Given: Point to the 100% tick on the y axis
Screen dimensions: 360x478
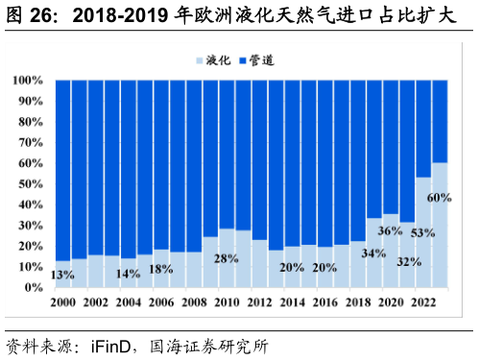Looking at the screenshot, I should click(x=28, y=81).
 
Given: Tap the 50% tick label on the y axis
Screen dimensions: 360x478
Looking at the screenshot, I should click(x=31, y=184).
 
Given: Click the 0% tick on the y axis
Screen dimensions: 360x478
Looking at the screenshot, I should click(x=34, y=288).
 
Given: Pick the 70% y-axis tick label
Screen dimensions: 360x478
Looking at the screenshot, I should click(x=31, y=143).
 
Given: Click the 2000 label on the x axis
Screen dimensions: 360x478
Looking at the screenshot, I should click(x=63, y=301).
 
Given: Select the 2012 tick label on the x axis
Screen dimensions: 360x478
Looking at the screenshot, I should click(x=259, y=301).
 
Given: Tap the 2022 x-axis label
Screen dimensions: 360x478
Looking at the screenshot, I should click(x=422, y=301).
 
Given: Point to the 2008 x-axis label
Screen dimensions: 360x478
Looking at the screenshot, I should click(x=194, y=301).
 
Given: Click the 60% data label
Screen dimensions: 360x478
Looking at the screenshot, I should click(x=439, y=198).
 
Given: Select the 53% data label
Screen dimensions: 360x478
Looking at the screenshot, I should click(x=422, y=232).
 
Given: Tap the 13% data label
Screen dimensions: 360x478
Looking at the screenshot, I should click(x=63, y=276).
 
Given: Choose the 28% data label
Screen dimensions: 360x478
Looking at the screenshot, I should click(x=227, y=258).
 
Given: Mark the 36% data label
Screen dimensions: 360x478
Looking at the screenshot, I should click(x=390, y=231).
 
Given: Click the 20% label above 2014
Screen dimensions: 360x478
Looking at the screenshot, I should click(x=292, y=268).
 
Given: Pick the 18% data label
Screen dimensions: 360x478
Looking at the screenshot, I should click(x=161, y=269).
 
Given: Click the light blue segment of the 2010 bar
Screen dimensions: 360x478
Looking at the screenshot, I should click(x=227, y=274).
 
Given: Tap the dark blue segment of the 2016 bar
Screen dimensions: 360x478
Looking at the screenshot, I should click(x=324, y=163).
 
